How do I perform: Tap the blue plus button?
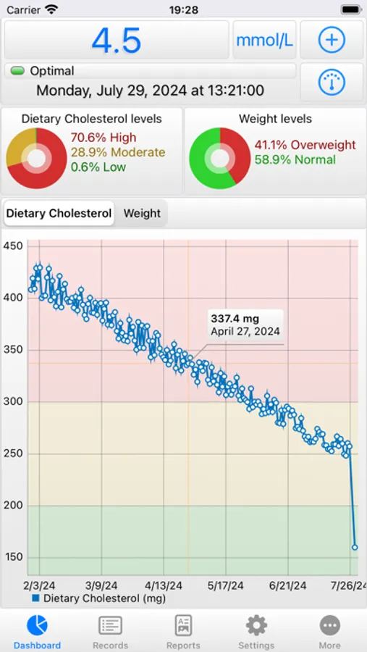[332, 41]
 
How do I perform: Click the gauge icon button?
[332, 83]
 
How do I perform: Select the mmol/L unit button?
[264, 41]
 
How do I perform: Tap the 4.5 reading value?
[117, 41]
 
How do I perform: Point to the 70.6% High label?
[103, 138]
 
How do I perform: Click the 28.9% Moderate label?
[117, 152]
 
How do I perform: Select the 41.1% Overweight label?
[305, 145]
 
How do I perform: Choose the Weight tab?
[142, 214]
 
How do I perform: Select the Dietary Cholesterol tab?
[59, 214]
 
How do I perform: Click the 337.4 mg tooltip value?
[235, 318]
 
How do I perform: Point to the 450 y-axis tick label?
[13, 246]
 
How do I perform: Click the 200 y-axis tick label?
[13, 506]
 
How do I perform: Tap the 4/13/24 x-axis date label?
[164, 585]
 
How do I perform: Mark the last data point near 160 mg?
[355, 547]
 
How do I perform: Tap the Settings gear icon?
[256, 625]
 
